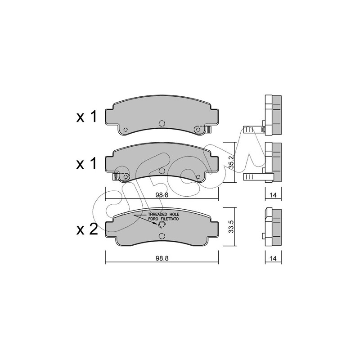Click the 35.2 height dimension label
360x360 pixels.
(231, 162)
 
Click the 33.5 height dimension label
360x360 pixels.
(231, 227)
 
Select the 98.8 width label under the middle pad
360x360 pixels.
(162, 195)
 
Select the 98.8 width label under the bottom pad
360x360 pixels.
(162, 258)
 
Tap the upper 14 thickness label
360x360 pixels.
(273, 195)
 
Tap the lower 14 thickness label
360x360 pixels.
(273, 258)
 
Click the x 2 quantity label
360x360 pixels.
(87, 229)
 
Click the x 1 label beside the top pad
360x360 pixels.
(86, 117)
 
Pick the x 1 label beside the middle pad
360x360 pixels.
(86, 164)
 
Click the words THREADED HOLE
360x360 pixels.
(163, 214)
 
